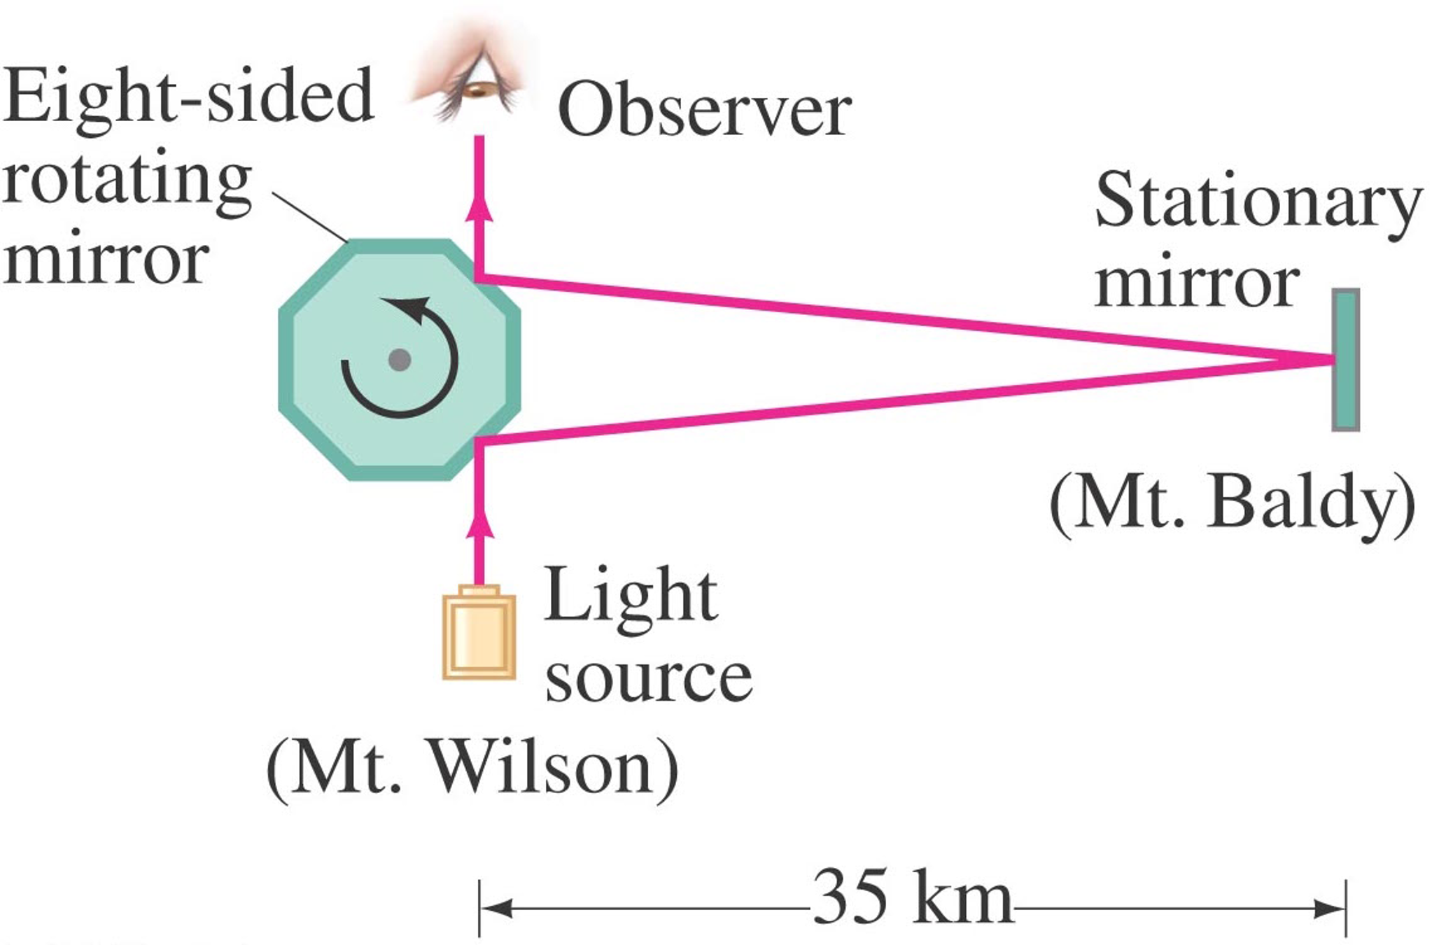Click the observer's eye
(x=479, y=89)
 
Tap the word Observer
(x=704, y=111)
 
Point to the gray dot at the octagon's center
(x=400, y=360)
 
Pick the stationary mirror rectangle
(x=1345, y=359)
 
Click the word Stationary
(x=1258, y=202)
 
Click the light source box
(x=479, y=633)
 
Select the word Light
(x=630, y=596)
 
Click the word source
(x=648, y=678)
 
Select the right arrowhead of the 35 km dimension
(x=1330, y=909)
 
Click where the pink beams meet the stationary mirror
(x=1331, y=360)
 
